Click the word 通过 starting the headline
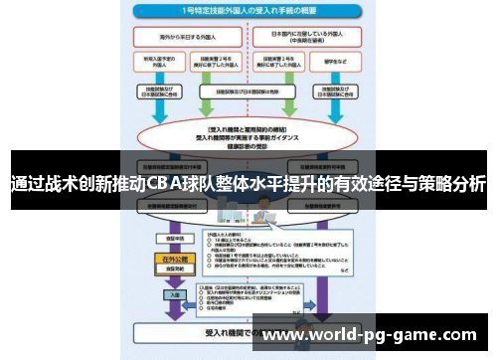28,184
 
